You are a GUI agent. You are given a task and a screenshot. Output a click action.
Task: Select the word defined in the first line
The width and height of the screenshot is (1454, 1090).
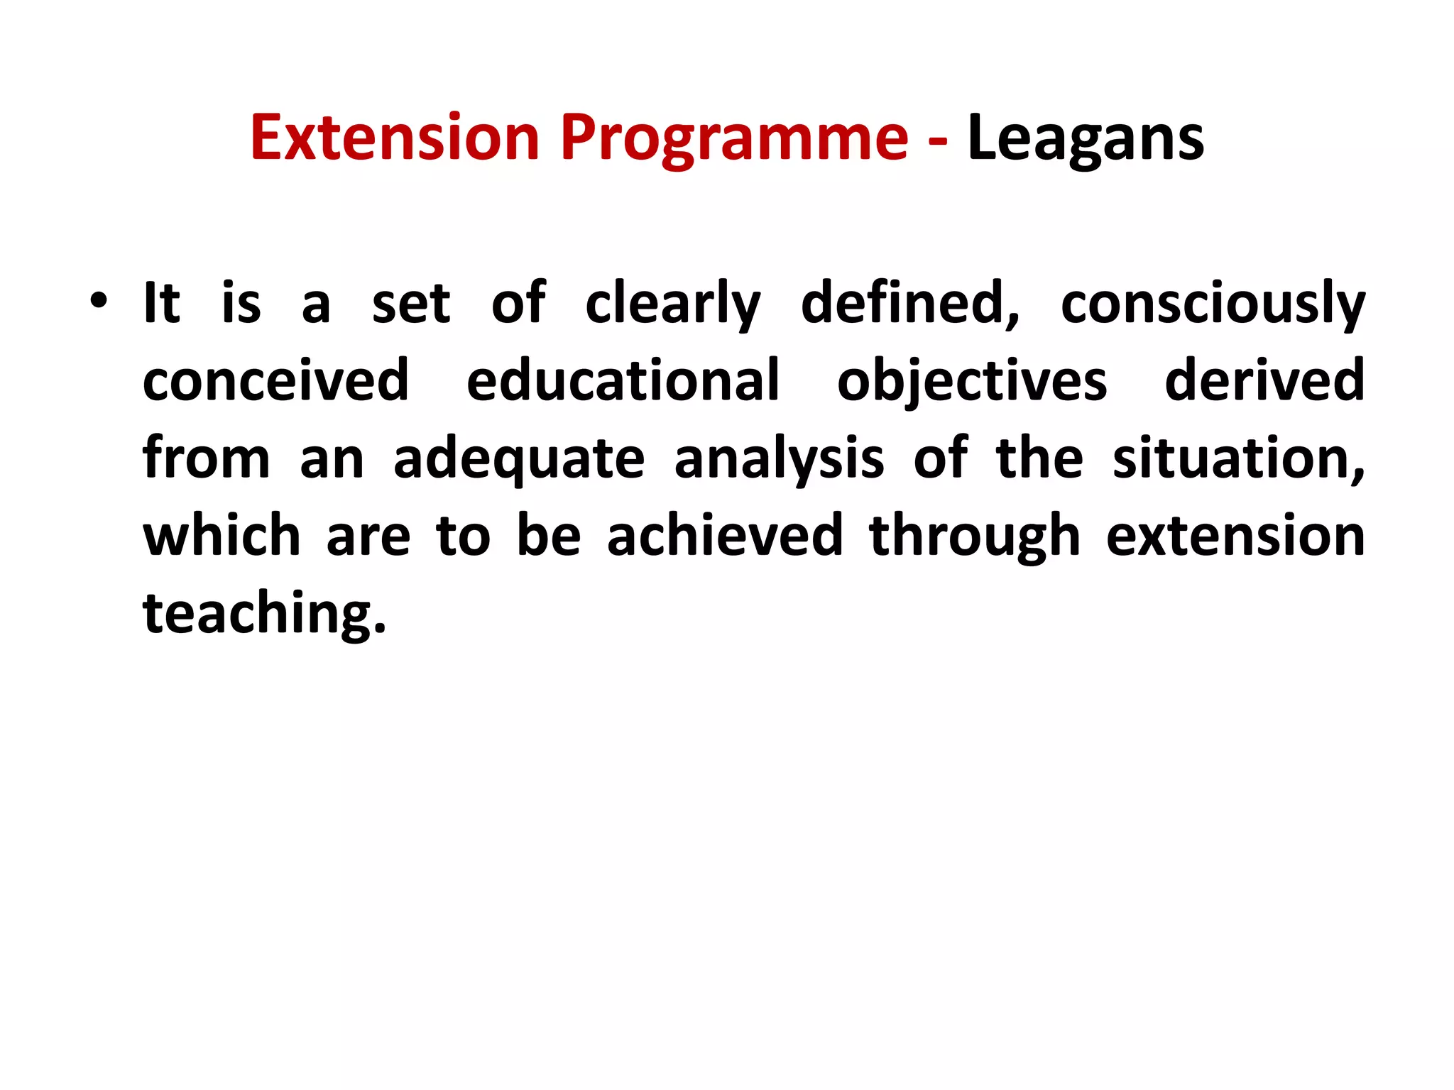[x=909, y=304]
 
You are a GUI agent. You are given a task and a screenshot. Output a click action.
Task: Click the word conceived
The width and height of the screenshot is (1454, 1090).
[x=275, y=380]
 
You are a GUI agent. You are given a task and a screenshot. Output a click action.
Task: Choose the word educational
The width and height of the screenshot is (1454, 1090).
[x=623, y=380]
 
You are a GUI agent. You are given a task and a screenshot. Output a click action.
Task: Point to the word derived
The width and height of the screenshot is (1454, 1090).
[x=1264, y=380]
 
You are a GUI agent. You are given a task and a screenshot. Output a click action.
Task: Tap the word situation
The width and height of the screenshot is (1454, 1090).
[x=1237, y=458]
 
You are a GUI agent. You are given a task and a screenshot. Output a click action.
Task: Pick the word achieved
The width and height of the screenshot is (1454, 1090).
[x=725, y=535]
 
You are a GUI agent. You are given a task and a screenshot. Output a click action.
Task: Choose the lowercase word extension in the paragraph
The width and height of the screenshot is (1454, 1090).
[x=1235, y=535]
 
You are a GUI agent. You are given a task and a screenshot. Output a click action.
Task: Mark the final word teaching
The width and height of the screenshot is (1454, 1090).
[x=263, y=613]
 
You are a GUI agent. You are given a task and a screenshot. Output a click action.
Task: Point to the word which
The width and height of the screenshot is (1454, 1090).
[x=222, y=535]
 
